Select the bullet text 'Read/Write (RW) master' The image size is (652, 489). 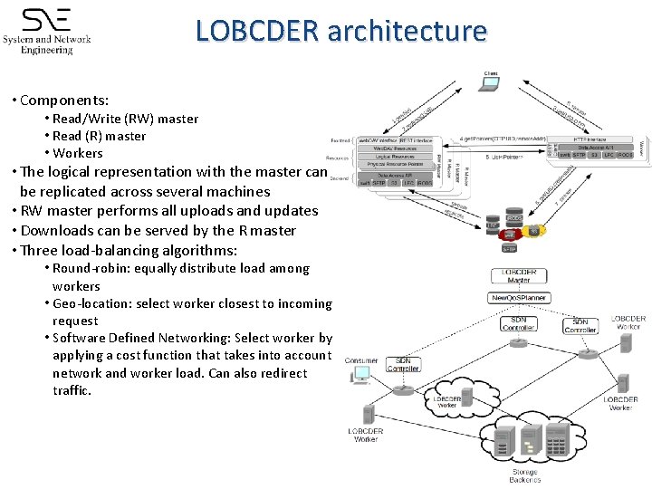[125, 119]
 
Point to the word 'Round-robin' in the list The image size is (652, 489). [90, 268]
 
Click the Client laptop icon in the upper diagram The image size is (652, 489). [490, 84]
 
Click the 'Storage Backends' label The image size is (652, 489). [525, 475]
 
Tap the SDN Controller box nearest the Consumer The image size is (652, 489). [403, 364]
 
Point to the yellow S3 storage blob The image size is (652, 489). [534, 232]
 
